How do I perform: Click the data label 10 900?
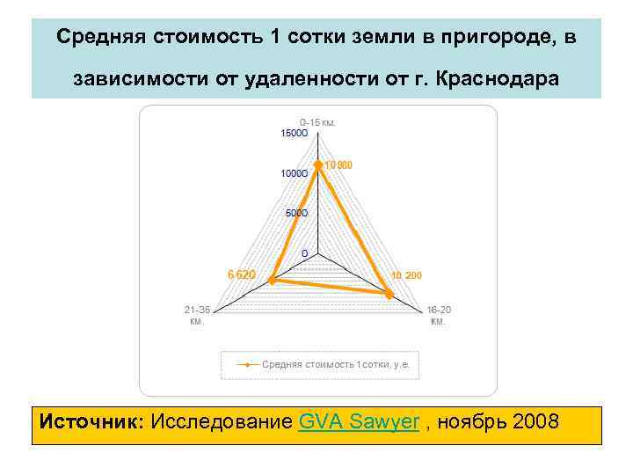coord(338,165)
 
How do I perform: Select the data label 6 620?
coord(242,274)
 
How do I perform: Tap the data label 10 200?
coord(407,276)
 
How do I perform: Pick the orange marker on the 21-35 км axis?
coord(273,280)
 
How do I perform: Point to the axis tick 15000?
coord(294,134)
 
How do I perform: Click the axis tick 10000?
coord(294,173)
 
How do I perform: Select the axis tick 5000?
coord(297,213)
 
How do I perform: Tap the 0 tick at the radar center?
coord(304,252)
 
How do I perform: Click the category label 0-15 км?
coord(317,122)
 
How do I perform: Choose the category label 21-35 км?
coord(196,315)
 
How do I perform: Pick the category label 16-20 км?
coord(438,315)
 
